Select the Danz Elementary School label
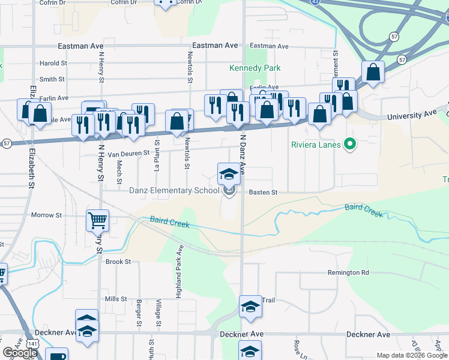click(174, 191)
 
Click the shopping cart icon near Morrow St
click(97, 220)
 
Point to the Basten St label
click(263, 193)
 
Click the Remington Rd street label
click(348, 272)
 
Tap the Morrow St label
click(46, 215)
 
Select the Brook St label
click(118, 262)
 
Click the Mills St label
click(116, 299)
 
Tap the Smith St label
click(52, 79)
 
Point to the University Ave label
click(412, 113)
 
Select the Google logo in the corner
click(19, 353)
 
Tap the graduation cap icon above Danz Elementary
click(228, 174)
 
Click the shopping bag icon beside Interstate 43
click(373, 72)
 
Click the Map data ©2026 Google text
click(412, 355)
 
